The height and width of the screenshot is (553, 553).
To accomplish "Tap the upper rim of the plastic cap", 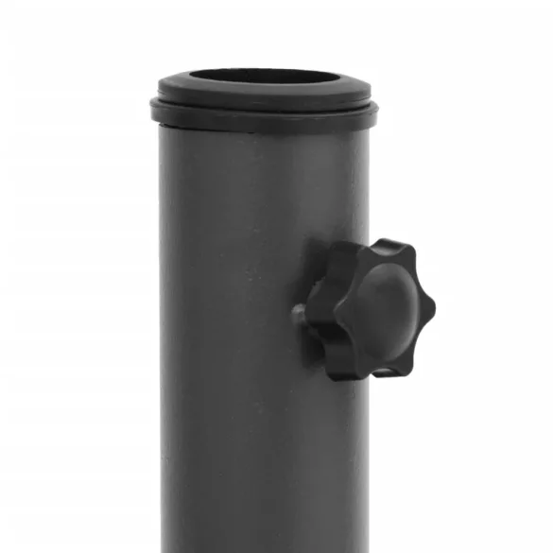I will [x=263, y=95].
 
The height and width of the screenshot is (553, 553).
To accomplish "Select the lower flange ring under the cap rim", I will [x=263, y=120].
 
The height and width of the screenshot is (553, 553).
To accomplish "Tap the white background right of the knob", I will [x=492, y=312].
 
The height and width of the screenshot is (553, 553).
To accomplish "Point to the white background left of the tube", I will [x=76, y=312].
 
